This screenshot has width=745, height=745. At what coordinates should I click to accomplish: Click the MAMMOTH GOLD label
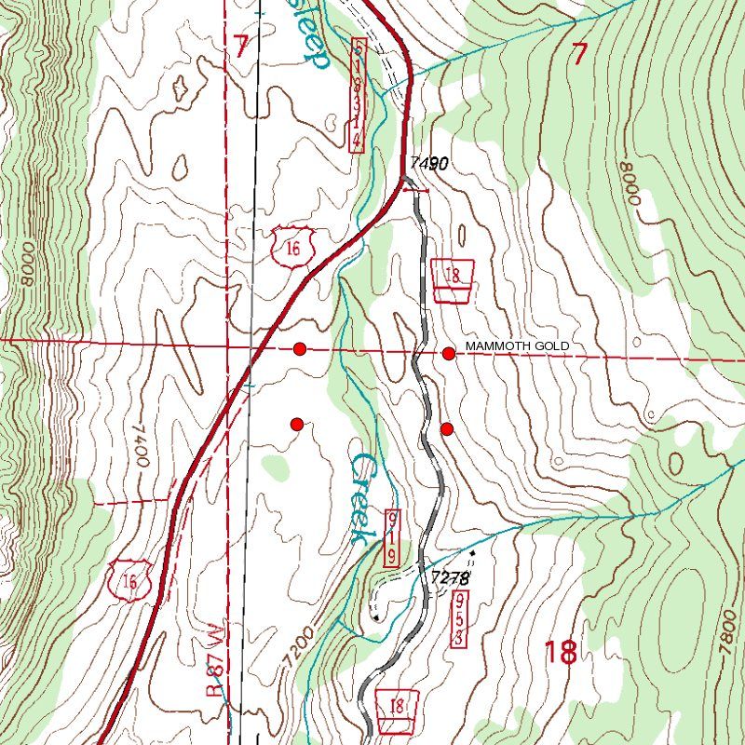coord(517,346)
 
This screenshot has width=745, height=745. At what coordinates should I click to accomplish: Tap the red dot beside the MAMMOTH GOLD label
coord(449,353)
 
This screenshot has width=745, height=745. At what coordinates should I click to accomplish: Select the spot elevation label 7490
coord(428,164)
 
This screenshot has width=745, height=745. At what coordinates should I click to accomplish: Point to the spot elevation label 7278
coord(451,577)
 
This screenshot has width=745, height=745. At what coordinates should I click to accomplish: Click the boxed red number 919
coord(393,537)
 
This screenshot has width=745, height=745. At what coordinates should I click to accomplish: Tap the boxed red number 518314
coord(358,94)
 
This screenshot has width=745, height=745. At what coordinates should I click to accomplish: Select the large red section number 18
coord(560,652)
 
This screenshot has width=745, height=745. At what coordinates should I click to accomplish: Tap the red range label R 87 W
coord(215,660)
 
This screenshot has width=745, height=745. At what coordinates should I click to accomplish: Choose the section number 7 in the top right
coord(579,55)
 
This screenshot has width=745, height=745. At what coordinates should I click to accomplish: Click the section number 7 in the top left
coord(242,47)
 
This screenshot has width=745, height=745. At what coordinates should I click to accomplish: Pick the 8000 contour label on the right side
coord(630,184)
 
